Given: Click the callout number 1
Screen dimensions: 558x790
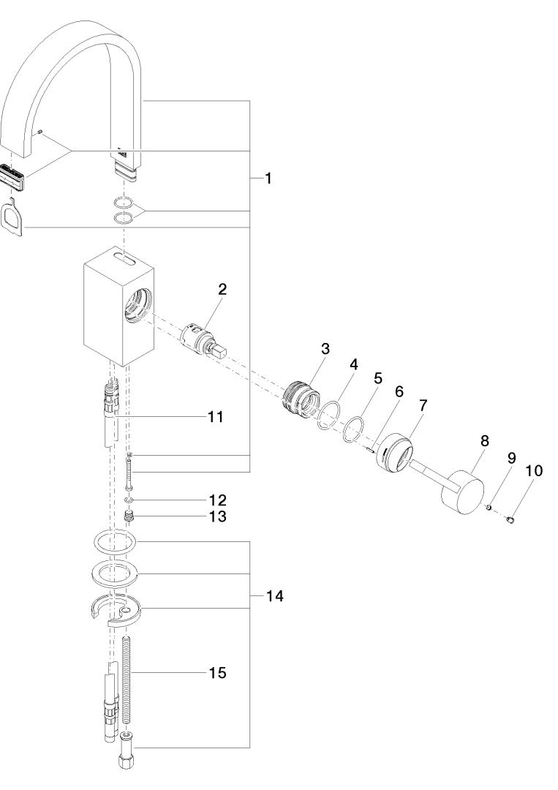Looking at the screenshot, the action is tap(268, 178).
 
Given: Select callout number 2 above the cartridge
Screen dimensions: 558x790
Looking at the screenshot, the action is tap(222, 289).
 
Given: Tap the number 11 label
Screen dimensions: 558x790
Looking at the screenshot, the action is tap(216, 417).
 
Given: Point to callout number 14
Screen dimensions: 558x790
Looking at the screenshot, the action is tap(275, 596).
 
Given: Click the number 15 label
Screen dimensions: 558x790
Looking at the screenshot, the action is tap(217, 673).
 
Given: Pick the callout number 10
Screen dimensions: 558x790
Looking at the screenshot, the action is tap(535, 470).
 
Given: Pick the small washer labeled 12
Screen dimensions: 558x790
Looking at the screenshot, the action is tap(129, 500).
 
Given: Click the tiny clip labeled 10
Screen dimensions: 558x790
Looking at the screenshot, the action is tap(510, 519).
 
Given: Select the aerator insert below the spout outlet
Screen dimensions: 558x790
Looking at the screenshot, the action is tap(14, 178).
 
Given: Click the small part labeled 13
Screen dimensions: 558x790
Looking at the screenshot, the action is tap(129, 516).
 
